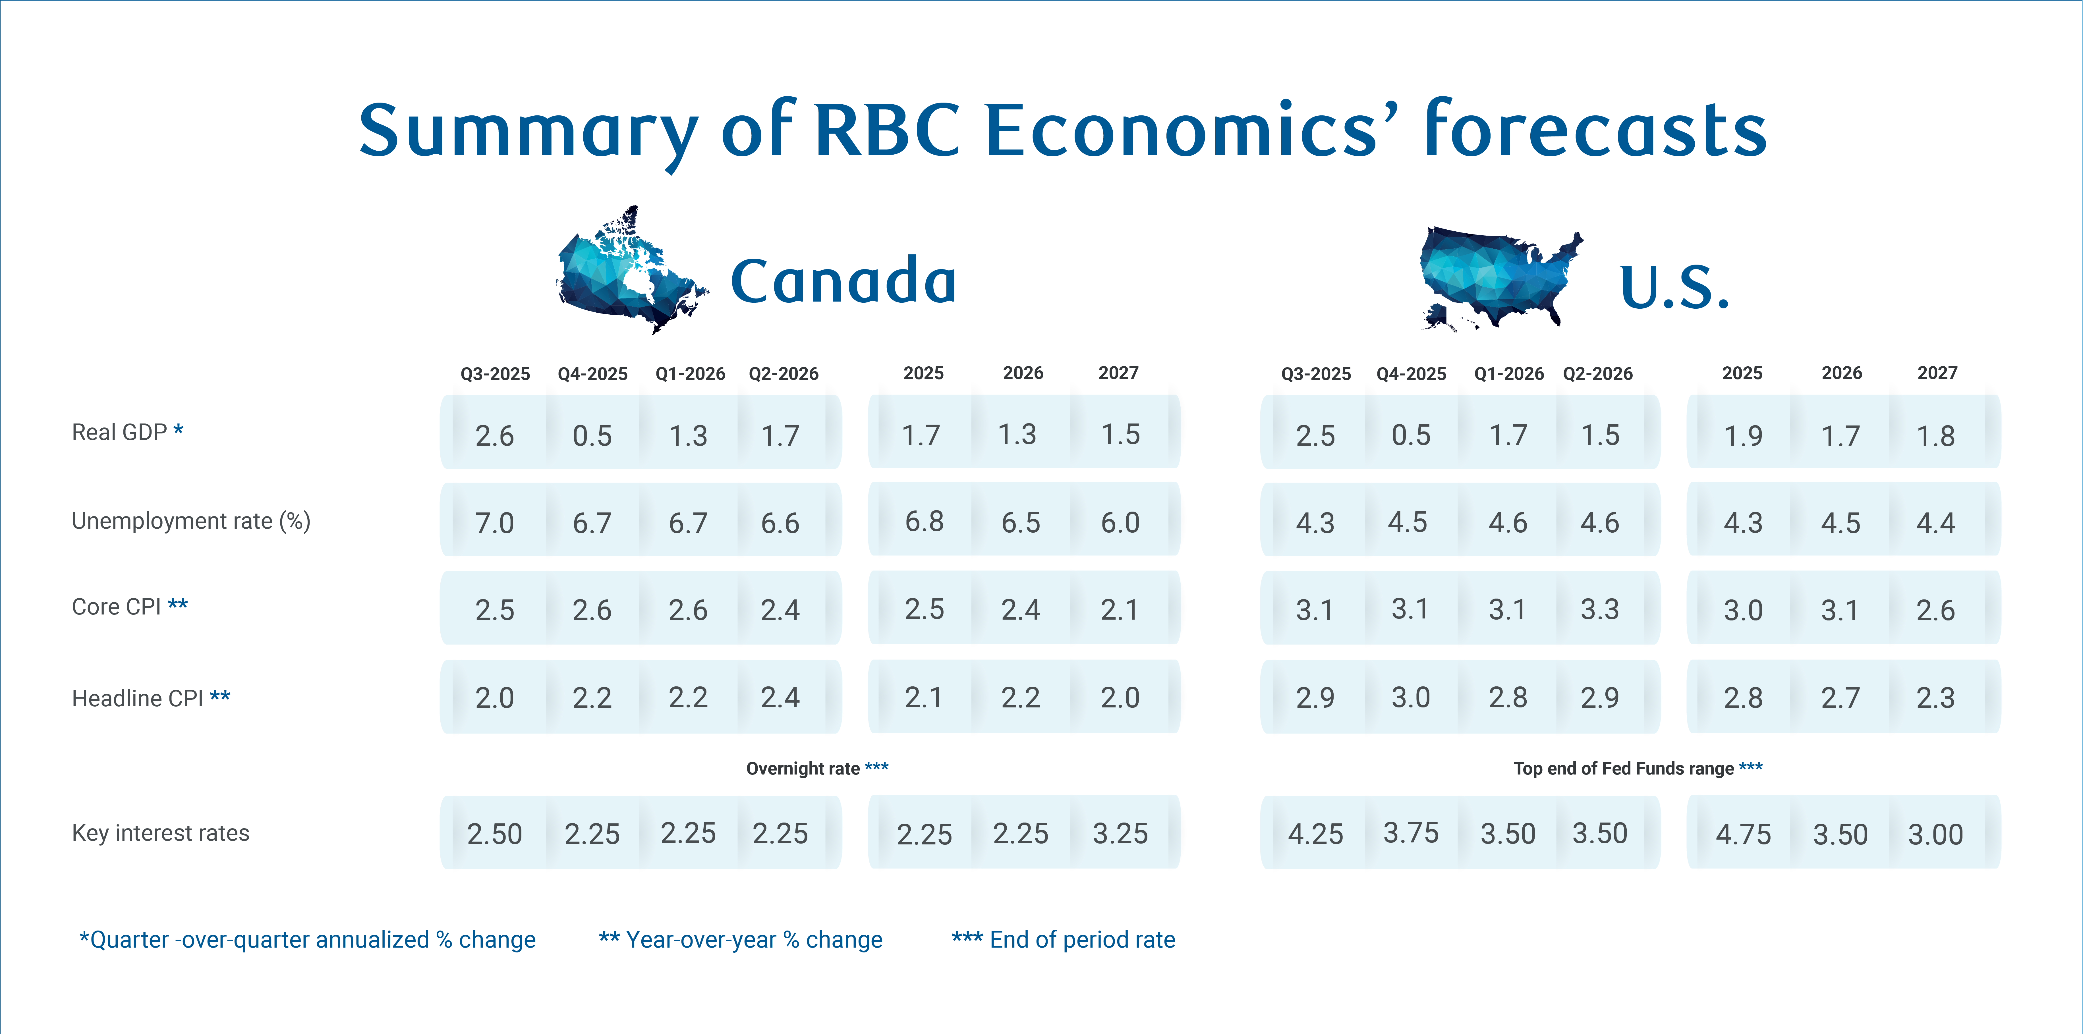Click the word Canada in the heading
click(x=843, y=281)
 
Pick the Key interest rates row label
click(x=160, y=833)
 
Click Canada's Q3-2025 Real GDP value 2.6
click(x=494, y=436)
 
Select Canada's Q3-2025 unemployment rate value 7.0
click(x=494, y=523)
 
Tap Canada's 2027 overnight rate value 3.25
click(x=1120, y=834)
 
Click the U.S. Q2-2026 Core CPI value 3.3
click(x=1599, y=610)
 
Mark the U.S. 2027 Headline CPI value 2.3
click(x=1935, y=698)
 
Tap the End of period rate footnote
click(x=1063, y=939)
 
